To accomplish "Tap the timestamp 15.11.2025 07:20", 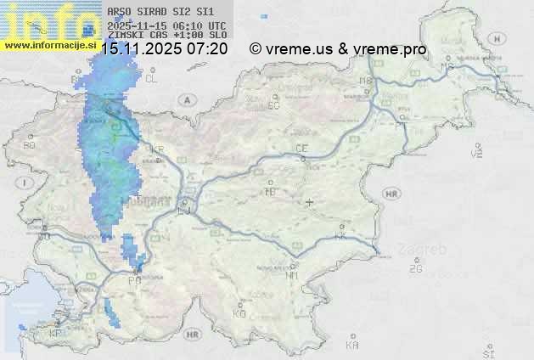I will click(x=164, y=49).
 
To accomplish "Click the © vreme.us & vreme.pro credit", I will click(x=338, y=49).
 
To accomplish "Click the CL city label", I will click(x=151, y=78).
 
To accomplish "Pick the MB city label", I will click(x=367, y=81).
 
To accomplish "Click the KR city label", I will click(x=156, y=149).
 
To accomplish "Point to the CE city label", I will click(x=301, y=149).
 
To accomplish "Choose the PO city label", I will click(x=133, y=280).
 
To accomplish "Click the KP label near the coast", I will click(x=56, y=333).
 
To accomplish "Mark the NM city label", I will click(x=292, y=276).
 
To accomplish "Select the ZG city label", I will click(x=415, y=269).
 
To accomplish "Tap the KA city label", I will click(x=352, y=345).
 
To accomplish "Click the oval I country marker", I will click(x=25, y=182).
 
